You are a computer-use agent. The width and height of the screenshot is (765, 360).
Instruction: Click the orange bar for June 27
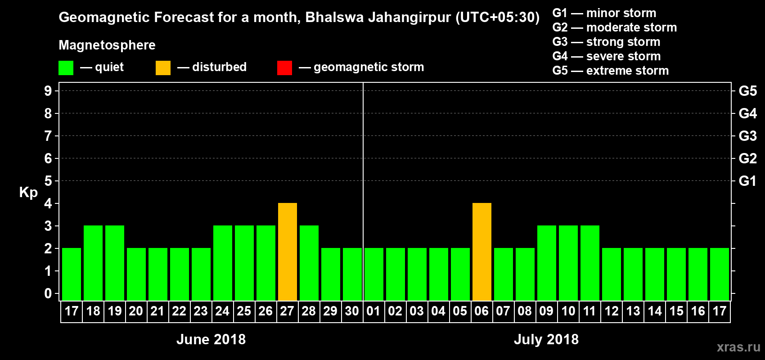288,252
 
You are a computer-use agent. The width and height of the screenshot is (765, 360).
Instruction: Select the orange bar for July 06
482,252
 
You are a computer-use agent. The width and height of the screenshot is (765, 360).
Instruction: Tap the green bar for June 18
93,263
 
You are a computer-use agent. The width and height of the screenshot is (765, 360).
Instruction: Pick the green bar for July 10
568,263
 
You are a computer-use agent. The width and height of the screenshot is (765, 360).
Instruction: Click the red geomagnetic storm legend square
284,68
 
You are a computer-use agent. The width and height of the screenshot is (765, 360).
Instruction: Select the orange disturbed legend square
163,68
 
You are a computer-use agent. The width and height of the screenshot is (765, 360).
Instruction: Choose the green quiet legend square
66,68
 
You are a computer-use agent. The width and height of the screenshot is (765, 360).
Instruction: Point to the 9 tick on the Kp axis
48,91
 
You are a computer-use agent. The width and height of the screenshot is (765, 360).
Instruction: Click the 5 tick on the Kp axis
48,181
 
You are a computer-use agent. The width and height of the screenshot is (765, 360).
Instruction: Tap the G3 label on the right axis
747,136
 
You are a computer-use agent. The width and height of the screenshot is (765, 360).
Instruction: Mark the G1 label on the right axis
747,181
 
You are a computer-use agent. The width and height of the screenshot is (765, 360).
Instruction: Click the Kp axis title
28,193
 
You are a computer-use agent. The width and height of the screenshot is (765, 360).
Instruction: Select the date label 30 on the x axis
352,311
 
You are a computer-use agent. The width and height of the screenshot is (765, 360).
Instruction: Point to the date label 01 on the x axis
373,311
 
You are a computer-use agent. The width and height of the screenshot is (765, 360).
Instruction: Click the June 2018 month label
211,339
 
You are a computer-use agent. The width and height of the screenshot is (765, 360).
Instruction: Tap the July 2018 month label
546,339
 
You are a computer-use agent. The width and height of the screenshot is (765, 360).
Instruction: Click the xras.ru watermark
738,347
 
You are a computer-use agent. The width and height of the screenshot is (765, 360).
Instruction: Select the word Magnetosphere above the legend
107,45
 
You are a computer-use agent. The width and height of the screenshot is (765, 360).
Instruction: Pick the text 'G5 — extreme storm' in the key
611,71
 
